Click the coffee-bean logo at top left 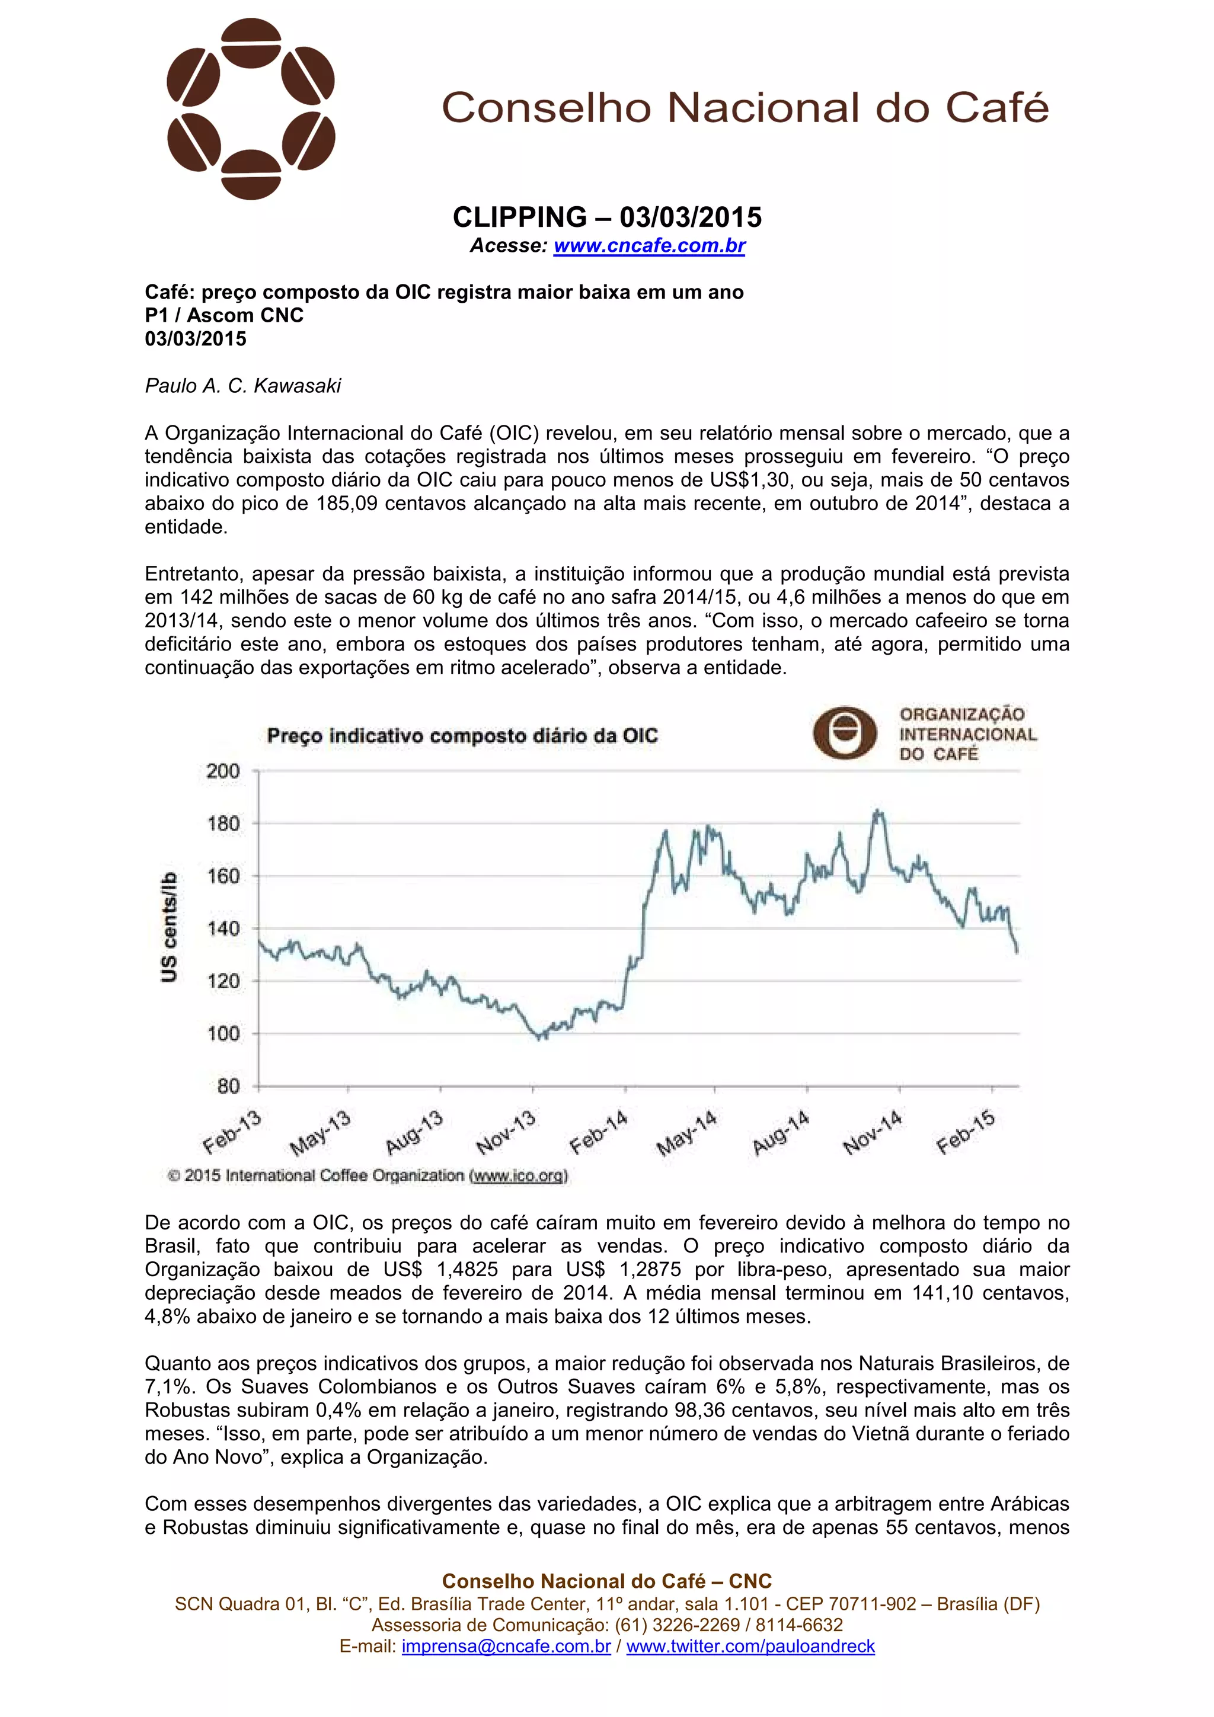coord(251,109)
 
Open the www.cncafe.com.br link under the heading coord(649,245)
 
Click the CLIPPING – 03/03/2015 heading coord(606,217)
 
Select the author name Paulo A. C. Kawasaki coord(242,386)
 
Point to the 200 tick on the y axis coord(223,771)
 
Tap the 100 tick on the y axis coord(223,1033)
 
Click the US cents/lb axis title coord(170,927)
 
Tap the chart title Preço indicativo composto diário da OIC coord(462,736)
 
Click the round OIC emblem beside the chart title coord(845,733)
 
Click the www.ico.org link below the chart coord(518,1175)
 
